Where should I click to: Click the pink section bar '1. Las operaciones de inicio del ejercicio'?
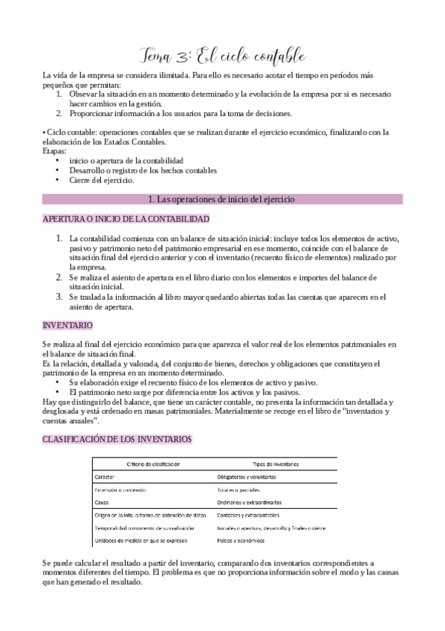click(222, 199)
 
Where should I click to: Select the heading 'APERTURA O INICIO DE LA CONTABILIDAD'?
click(126, 220)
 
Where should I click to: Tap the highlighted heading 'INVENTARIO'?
click(68, 326)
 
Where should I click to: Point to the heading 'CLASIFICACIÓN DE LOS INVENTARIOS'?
click(117, 439)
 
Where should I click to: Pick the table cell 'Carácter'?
click(105, 476)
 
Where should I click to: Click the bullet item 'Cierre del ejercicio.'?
click(102, 180)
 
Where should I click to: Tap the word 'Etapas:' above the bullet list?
click(55, 151)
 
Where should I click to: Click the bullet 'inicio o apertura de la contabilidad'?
click(126, 161)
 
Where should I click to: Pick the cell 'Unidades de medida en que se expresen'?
click(140, 540)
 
